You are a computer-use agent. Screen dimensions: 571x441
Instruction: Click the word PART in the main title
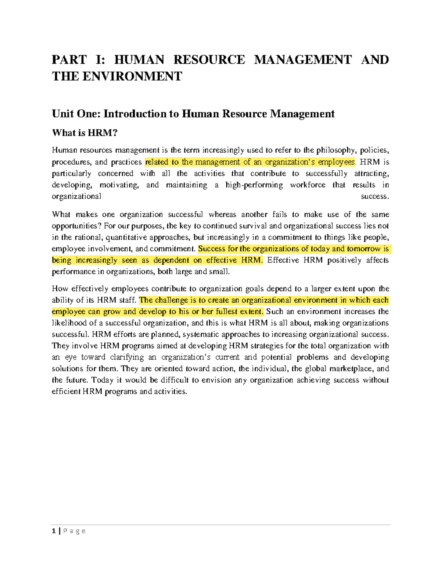pyautogui.click(x=69, y=60)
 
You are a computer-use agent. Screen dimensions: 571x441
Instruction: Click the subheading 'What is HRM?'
pyautogui.click(x=85, y=133)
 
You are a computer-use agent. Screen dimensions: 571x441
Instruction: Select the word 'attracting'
pyautogui.click(x=371, y=173)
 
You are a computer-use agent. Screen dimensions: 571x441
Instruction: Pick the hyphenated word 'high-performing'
pyautogui.click(x=254, y=185)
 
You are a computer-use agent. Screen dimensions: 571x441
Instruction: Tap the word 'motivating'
pyautogui.click(x=119, y=185)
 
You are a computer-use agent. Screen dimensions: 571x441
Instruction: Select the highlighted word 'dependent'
pyautogui.click(x=171, y=260)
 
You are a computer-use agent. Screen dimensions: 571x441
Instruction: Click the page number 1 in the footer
pyautogui.click(x=54, y=531)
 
